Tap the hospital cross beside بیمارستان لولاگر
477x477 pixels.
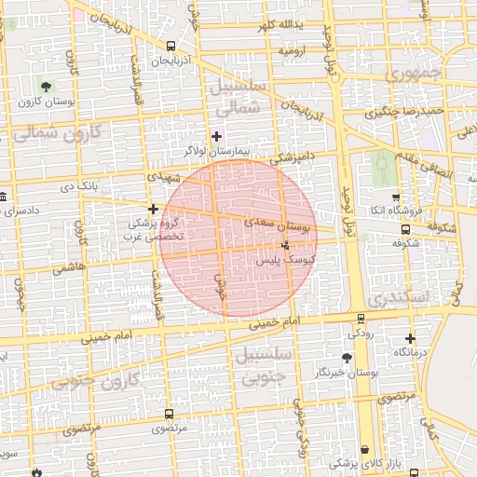tap(217, 135)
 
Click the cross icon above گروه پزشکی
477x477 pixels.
tap(153, 209)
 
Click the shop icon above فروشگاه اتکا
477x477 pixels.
tap(396, 198)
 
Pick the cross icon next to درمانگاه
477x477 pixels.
tap(410, 338)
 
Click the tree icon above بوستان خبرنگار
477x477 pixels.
tap(348, 357)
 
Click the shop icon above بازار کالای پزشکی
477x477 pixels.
tap(364, 448)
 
